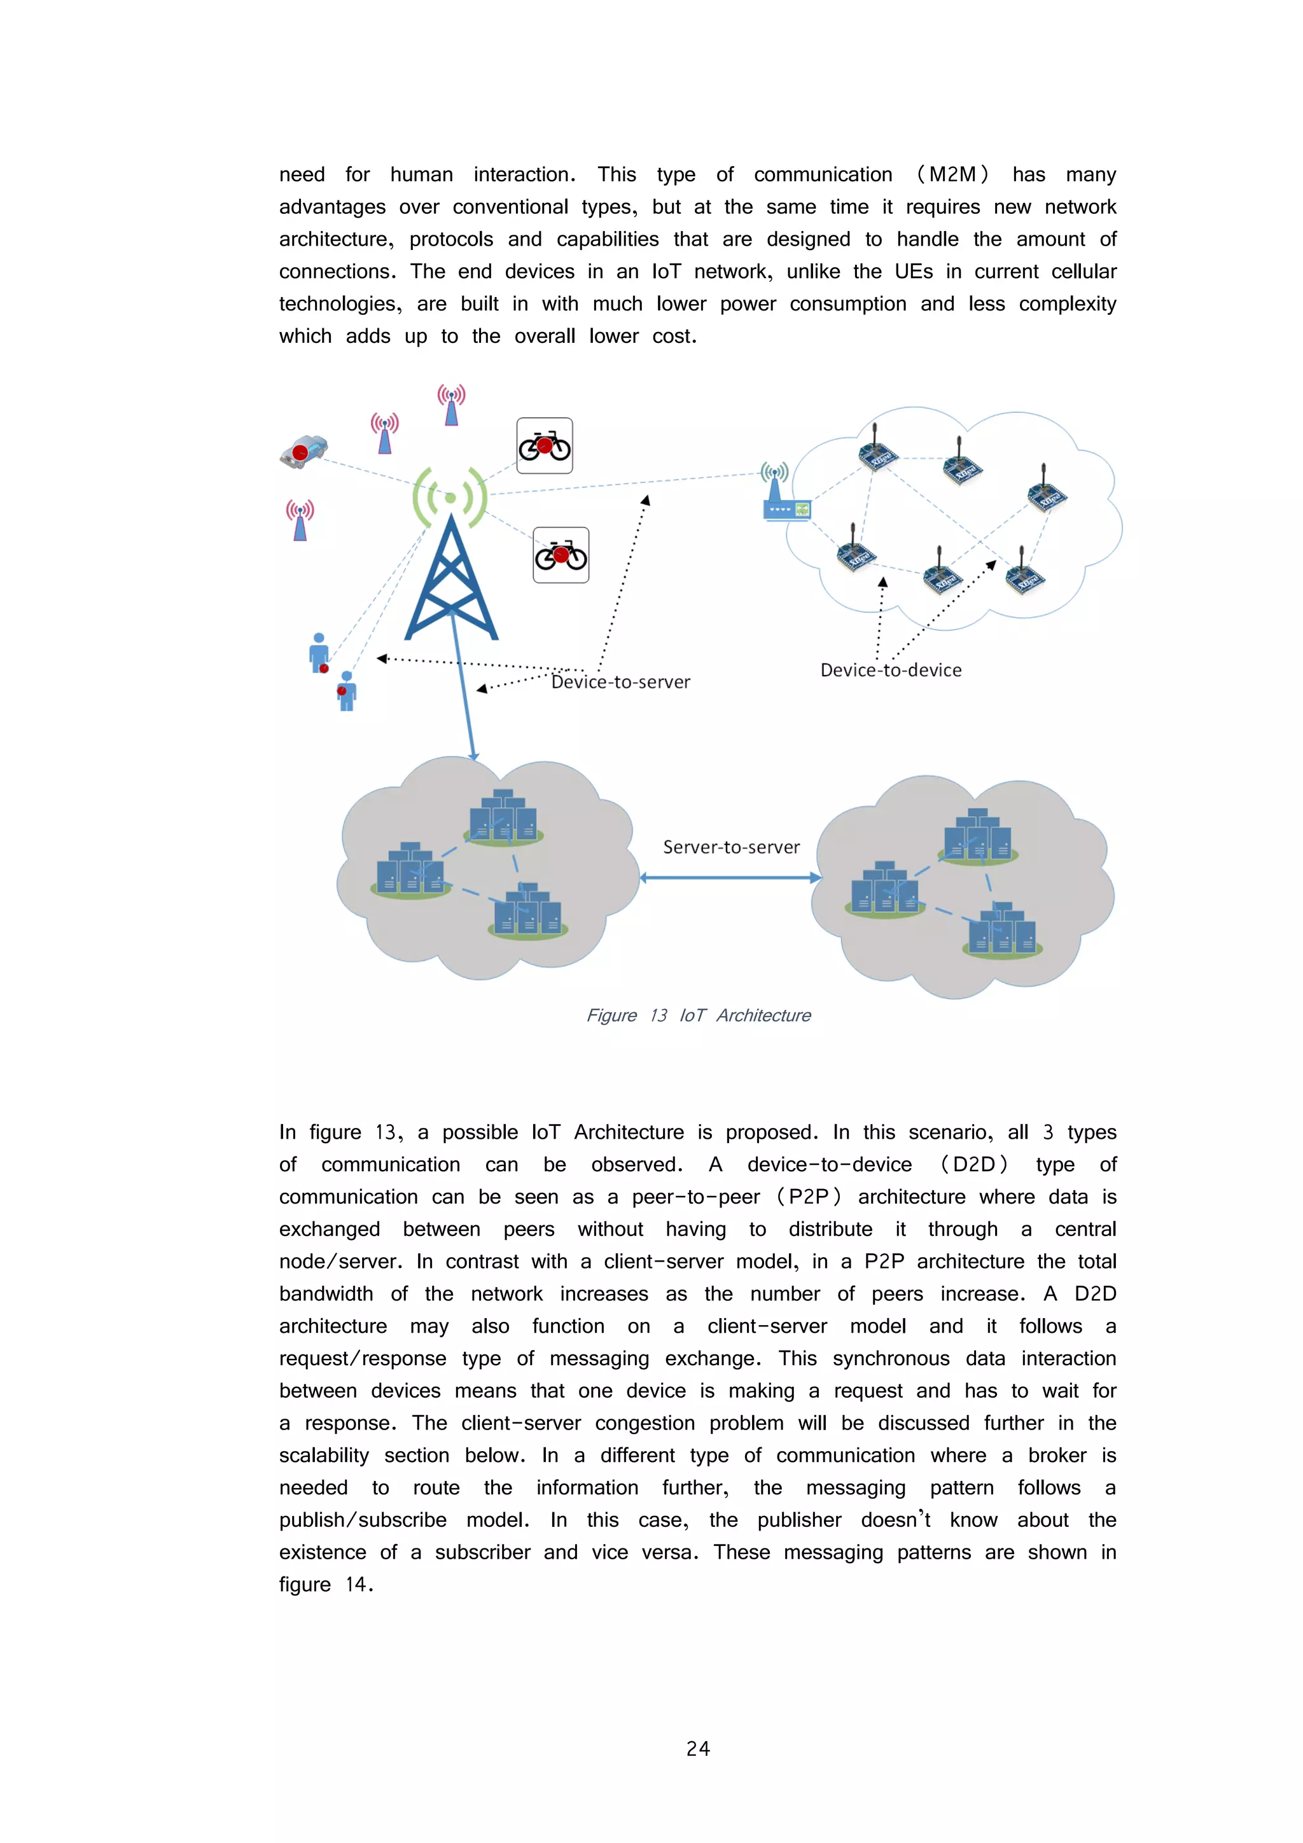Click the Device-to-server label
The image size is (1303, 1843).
pos(620,682)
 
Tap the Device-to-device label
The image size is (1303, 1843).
pos(890,671)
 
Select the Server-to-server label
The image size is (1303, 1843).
pos(730,847)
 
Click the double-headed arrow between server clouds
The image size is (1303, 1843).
pos(730,877)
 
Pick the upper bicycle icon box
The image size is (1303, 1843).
pos(545,445)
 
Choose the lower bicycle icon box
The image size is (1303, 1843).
pos(561,555)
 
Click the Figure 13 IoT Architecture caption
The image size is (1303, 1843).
pos(698,1015)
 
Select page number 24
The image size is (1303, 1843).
pos(698,1748)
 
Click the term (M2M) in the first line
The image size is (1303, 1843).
pos(952,175)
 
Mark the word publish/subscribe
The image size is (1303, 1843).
pos(363,1520)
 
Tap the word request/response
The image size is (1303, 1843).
pos(363,1358)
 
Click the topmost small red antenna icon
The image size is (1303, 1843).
pos(451,405)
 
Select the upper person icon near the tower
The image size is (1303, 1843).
pos(319,652)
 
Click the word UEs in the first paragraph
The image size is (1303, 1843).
pos(914,272)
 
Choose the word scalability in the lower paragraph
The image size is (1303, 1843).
pos(324,1456)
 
